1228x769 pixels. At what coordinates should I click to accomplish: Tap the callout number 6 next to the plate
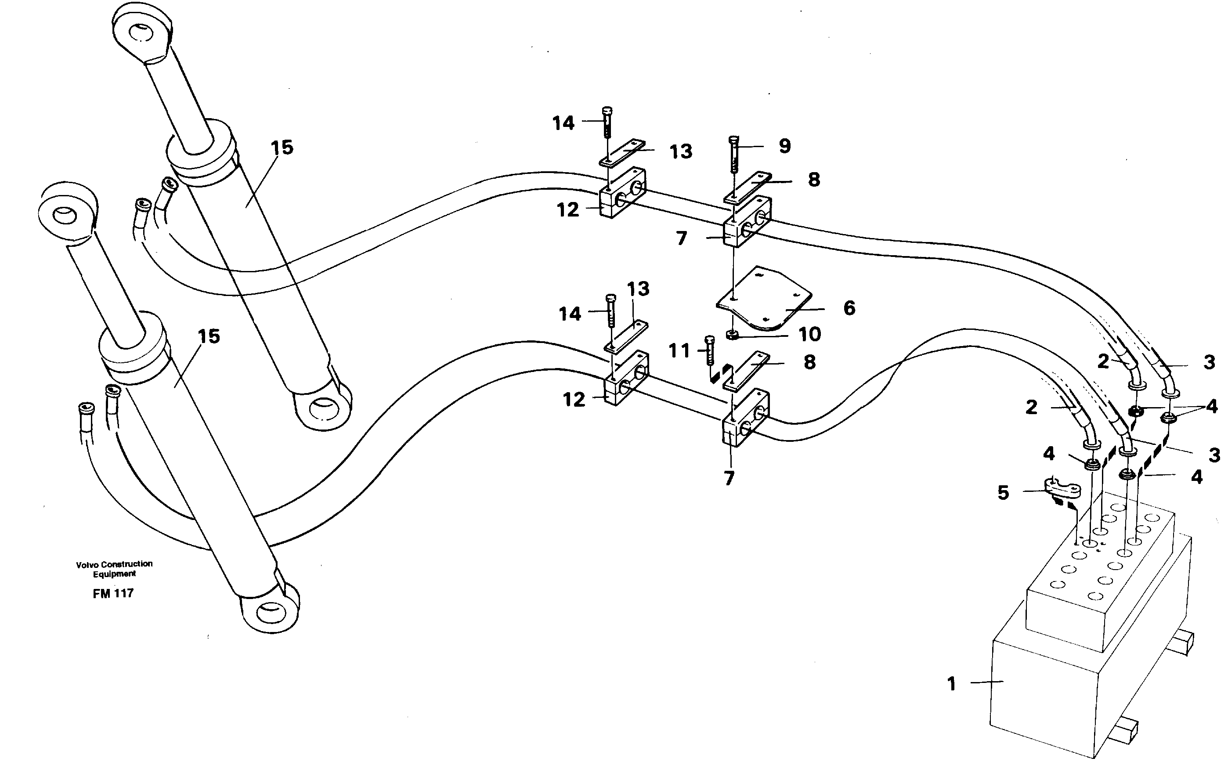[x=849, y=308]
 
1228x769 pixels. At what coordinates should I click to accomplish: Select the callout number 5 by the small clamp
[x=1003, y=492]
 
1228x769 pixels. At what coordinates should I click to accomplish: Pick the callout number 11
[x=679, y=350]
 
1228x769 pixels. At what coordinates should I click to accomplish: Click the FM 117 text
[x=113, y=593]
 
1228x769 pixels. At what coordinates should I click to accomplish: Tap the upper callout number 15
[x=282, y=148]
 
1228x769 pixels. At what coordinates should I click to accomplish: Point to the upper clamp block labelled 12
[x=623, y=193]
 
